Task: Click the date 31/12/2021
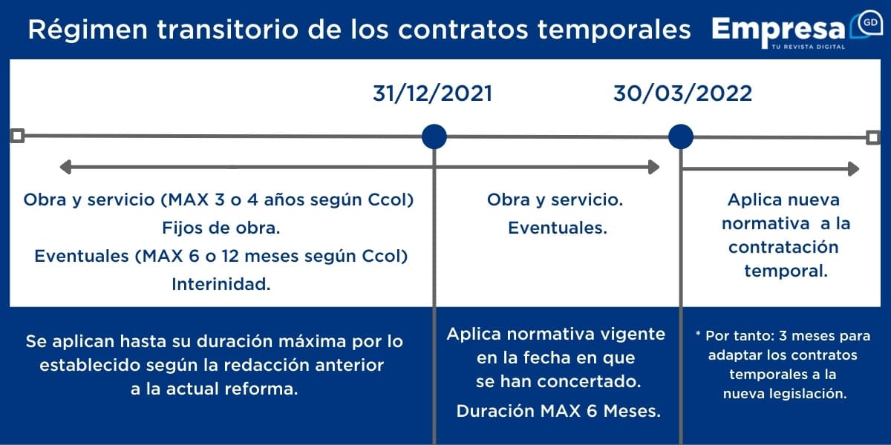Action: tap(432, 93)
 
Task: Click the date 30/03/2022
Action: tap(682, 93)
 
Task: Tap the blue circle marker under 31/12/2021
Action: tap(434, 136)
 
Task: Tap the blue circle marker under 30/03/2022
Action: tap(681, 136)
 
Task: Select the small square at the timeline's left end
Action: tap(18, 136)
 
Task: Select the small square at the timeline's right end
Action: tap(873, 138)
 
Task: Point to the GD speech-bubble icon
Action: tap(866, 24)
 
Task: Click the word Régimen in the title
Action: tap(88, 30)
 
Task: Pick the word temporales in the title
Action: tap(614, 30)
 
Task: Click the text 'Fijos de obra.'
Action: tap(221, 228)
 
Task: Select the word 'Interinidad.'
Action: tap(221, 285)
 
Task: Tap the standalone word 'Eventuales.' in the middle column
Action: tap(558, 228)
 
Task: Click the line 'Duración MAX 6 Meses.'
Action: tap(558, 411)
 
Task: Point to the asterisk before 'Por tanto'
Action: tap(698, 334)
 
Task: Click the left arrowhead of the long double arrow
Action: tap(65, 167)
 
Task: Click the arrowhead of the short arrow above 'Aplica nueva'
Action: tap(854, 169)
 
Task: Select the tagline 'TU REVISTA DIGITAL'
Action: tap(809, 47)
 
